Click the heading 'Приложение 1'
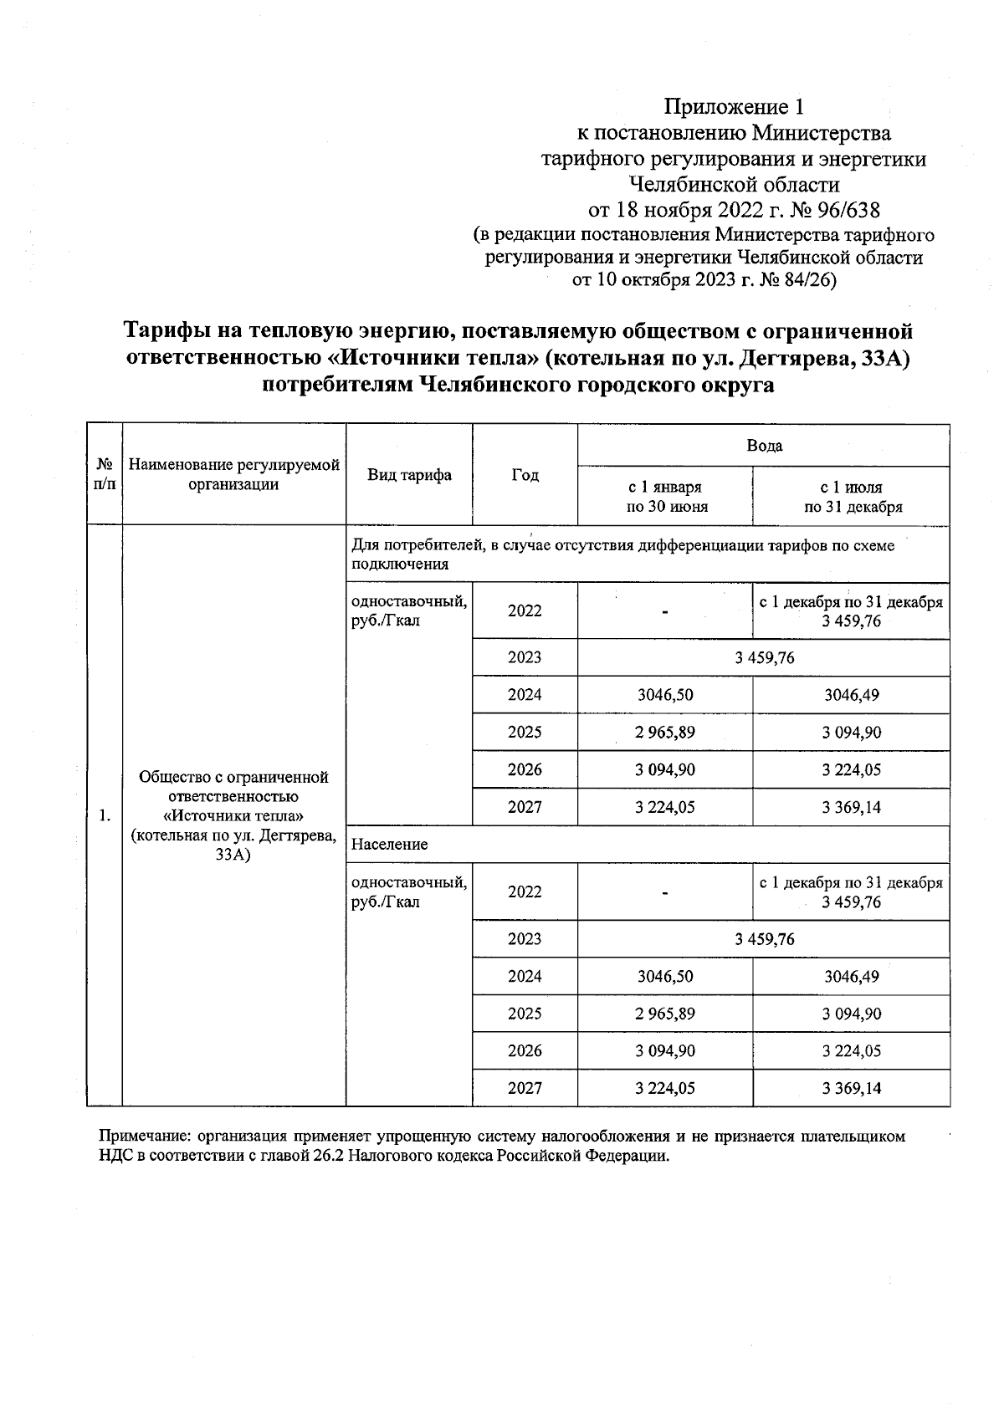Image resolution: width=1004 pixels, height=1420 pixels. (733, 107)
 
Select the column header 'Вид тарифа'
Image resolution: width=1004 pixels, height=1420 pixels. (409, 475)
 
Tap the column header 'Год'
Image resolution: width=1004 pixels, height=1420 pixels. (525, 475)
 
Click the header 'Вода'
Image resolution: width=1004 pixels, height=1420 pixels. (763, 446)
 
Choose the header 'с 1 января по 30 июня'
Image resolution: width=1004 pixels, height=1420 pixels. (664, 497)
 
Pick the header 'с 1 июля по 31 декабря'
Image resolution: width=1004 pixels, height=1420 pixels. (850, 497)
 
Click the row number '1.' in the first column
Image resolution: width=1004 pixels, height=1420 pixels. (105, 816)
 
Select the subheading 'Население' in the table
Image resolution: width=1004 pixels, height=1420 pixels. (389, 845)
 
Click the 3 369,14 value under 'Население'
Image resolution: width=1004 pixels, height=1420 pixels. (851, 1089)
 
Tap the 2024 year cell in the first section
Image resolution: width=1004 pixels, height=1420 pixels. (525, 695)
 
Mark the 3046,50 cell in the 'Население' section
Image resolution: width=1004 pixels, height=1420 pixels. (664, 976)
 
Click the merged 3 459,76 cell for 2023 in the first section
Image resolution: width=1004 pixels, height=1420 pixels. (763, 658)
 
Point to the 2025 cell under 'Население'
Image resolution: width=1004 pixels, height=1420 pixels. (525, 1014)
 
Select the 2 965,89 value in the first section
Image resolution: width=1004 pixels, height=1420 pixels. (664, 733)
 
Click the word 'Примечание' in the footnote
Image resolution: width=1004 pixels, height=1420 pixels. (137, 1137)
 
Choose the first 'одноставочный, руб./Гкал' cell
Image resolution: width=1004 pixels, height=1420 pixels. (408, 611)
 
